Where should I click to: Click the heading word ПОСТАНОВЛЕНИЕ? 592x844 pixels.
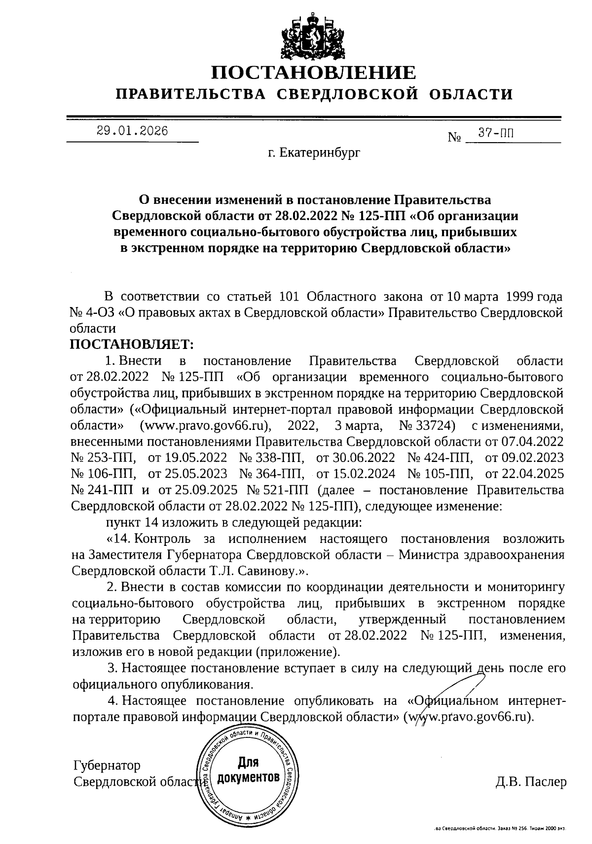point(314,73)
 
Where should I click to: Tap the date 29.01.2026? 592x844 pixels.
point(132,131)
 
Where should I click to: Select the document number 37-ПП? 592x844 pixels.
point(496,133)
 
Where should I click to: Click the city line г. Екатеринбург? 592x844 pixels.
point(314,153)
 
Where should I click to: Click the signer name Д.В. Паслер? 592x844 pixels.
point(531,782)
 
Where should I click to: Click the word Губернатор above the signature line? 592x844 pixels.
point(107,766)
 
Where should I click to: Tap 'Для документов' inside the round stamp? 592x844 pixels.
point(248,771)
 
